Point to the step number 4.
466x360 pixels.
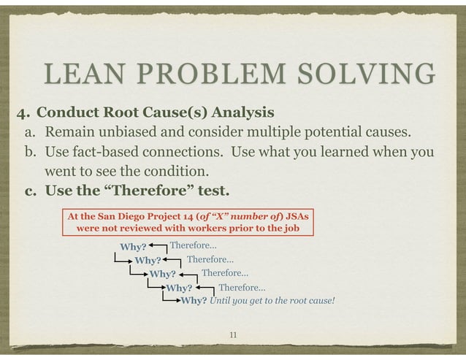pyautogui.click(x=23, y=113)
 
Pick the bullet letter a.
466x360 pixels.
pyautogui.click(x=30, y=134)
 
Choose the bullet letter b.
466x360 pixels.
pyautogui.click(x=30, y=154)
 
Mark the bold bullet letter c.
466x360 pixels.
pyautogui.click(x=30, y=192)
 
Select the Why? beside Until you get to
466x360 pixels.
pyautogui.click(x=194, y=300)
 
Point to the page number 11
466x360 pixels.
pyautogui.click(x=233, y=334)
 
